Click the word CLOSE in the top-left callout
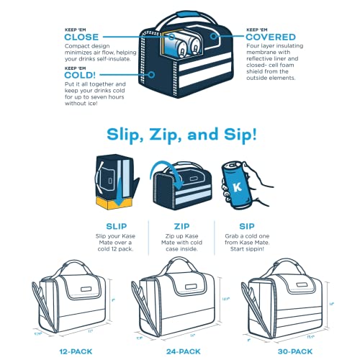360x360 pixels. click(81, 37)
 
